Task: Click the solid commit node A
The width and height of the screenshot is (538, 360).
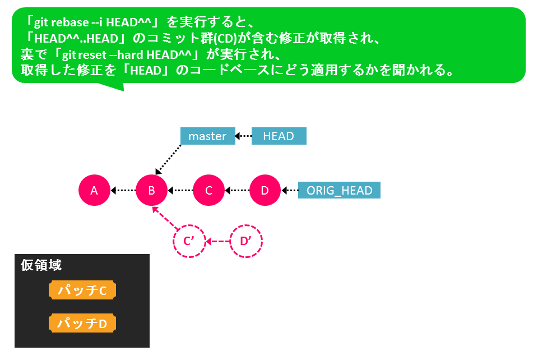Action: click(94, 190)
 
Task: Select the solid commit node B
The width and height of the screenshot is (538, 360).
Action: click(152, 190)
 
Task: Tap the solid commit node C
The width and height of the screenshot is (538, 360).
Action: click(208, 190)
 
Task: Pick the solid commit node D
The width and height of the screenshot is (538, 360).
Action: click(265, 190)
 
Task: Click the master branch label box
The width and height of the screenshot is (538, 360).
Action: click(208, 136)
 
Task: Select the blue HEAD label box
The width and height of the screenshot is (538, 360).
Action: click(279, 136)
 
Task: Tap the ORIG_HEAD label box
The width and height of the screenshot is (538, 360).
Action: click(340, 190)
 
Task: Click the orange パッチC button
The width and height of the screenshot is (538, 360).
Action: click(82, 290)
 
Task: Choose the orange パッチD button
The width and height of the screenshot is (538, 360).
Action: click(82, 323)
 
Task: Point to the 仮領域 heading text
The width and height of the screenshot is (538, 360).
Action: click(41, 265)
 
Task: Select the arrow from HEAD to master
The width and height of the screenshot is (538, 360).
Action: click(243, 136)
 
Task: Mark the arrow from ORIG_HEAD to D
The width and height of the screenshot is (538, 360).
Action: click(290, 190)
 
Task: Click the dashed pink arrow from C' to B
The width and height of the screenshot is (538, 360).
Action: click(165, 218)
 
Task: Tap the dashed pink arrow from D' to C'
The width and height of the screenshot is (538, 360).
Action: click(217, 242)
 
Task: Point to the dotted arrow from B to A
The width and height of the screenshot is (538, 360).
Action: click(123, 190)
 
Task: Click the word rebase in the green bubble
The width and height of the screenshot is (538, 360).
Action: click(71, 22)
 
